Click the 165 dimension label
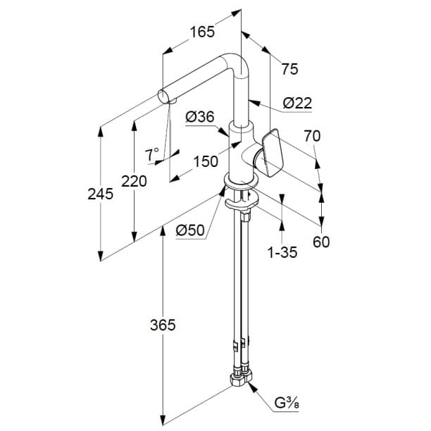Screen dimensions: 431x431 tap(201, 31)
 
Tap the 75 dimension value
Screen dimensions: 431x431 tap(289, 68)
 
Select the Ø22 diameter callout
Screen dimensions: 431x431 tap(296, 104)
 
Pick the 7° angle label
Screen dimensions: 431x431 tap(152, 154)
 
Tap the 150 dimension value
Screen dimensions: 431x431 tap(206, 161)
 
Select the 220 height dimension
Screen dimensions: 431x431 tap(134, 181)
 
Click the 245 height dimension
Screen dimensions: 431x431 tap(101, 194)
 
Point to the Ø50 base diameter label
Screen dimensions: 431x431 tap(189, 230)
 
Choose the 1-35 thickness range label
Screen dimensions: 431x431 tap(282, 251)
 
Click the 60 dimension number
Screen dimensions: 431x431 tap(321, 242)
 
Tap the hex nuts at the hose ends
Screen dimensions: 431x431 tap(239, 380)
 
